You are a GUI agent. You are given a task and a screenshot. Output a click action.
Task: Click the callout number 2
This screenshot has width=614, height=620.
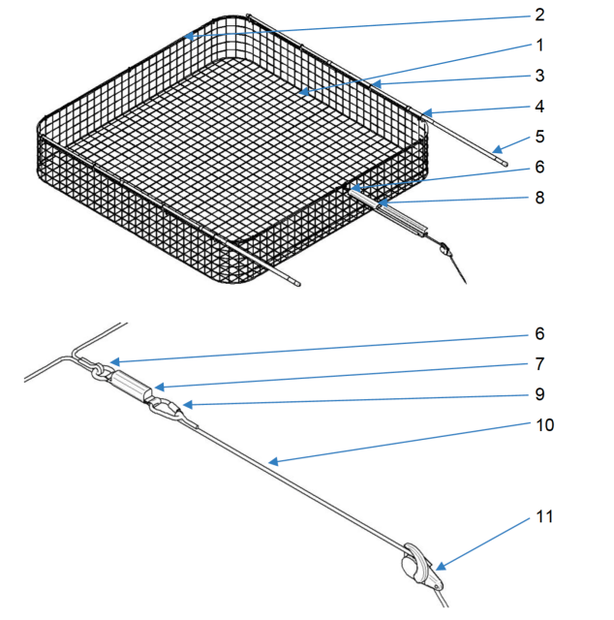click(x=539, y=15)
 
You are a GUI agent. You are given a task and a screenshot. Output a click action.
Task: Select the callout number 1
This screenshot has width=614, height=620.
click(x=540, y=46)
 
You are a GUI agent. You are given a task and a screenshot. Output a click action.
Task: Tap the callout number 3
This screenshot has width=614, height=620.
click(x=539, y=76)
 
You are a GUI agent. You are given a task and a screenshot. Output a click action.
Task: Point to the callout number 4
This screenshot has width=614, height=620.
click(x=539, y=107)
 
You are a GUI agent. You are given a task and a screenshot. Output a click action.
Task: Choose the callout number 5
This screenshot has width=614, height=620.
click(x=539, y=137)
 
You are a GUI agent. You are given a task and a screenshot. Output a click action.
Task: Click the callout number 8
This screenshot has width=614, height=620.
click(x=539, y=198)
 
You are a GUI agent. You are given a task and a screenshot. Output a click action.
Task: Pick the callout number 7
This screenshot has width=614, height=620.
click(x=539, y=364)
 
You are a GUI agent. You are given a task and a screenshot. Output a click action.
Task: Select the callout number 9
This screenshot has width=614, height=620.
click(x=539, y=394)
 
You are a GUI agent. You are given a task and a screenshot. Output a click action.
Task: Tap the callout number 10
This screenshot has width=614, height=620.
click(x=545, y=425)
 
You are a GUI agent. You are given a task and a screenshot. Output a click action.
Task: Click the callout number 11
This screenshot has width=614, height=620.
click(x=544, y=516)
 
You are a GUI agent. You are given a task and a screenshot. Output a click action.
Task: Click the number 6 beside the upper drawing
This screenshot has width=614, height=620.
click(x=539, y=168)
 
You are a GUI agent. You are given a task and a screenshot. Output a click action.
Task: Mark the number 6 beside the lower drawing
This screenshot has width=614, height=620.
click(x=539, y=333)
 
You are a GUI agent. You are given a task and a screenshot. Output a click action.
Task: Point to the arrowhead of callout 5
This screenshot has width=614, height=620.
click(x=497, y=149)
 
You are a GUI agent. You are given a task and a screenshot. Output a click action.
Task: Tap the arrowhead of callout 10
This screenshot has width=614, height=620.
click(x=274, y=461)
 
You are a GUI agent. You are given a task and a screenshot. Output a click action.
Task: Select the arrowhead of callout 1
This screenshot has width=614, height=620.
click(x=303, y=92)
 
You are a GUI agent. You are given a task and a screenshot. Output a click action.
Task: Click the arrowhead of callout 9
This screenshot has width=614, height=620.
click(x=188, y=405)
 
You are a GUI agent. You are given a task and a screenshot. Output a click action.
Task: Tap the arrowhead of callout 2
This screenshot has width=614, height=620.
click(x=189, y=37)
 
